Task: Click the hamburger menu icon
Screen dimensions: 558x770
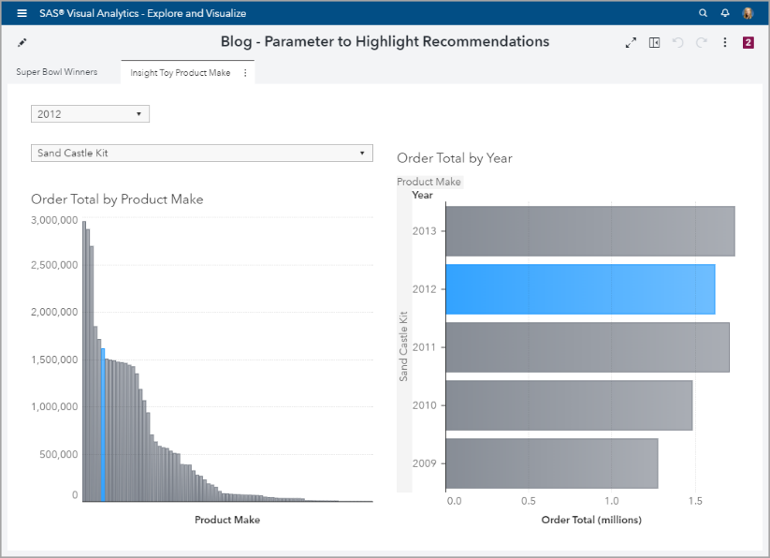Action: tap(22, 13)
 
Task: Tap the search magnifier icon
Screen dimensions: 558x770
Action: tap(704, 13)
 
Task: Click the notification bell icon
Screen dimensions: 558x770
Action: tap(725, 13)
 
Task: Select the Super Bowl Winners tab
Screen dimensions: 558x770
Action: tap(57, 72)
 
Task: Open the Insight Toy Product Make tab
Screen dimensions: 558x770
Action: tap(181, 72)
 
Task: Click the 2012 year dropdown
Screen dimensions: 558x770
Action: tap(90, 114)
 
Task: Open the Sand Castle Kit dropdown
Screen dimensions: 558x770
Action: tap(202, 153)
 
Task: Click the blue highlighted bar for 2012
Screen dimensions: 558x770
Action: tap(580, 289)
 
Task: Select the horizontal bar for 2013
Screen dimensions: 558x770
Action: tap(589, 231)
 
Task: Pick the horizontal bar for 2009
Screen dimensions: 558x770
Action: tap(551, 463)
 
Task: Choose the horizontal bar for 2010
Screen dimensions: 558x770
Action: tap(569, 404)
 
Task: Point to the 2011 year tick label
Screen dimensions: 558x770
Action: tap(424, 347)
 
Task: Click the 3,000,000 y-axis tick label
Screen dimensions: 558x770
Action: tap(54, 220)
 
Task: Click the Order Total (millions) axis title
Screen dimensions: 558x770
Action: tap(591, 520)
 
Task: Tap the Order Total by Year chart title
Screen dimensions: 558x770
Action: tap(455, 158)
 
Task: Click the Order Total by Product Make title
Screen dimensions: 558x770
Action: tap(117, 199)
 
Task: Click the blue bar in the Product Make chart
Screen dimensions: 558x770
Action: tap(102, 425)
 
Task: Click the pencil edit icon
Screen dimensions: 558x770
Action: tap(22, 42)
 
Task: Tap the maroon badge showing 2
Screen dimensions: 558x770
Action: tap(748, 42)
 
